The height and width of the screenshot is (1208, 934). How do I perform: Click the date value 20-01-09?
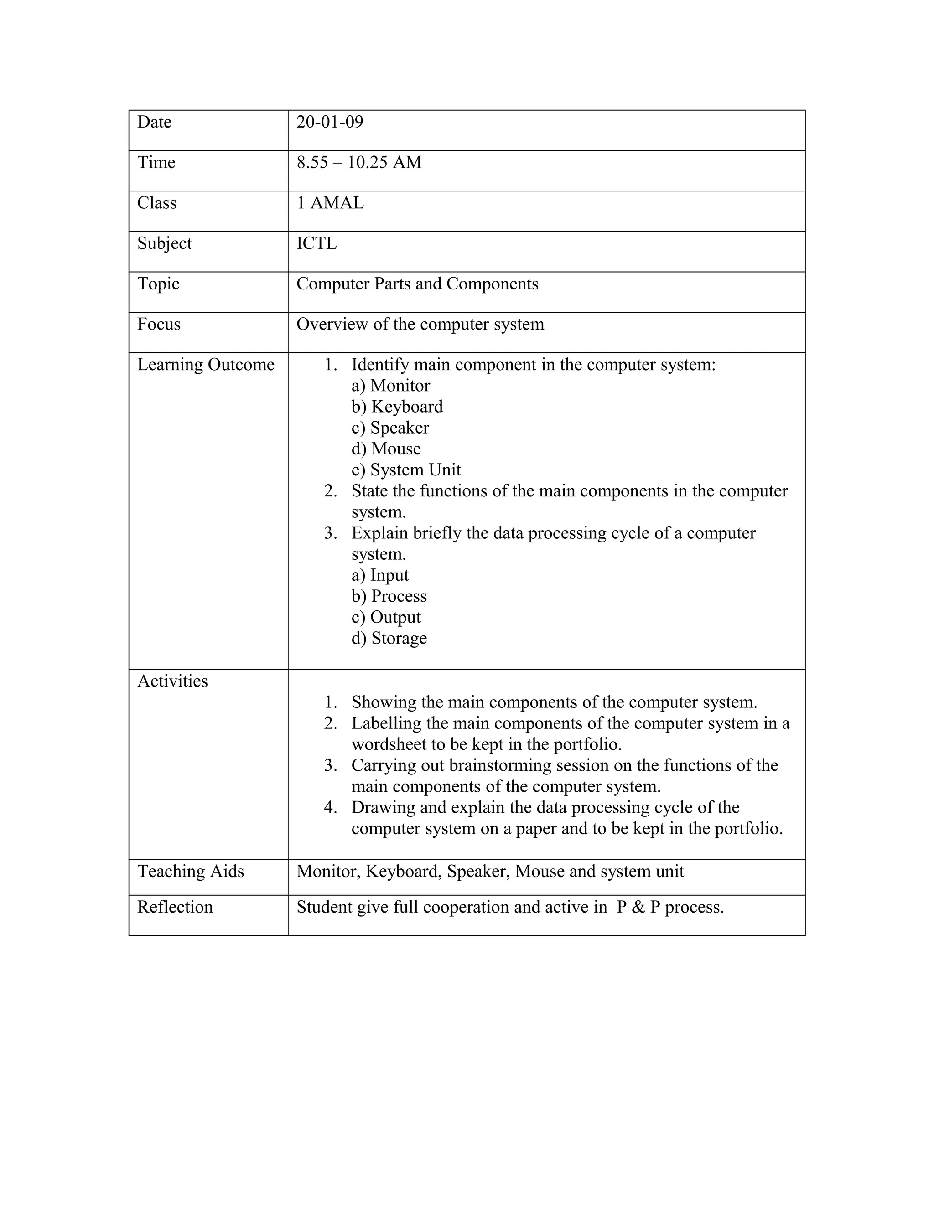(330, 122)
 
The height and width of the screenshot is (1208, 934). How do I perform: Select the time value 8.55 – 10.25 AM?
(358, 163)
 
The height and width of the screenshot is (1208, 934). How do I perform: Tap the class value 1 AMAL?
(330, 203)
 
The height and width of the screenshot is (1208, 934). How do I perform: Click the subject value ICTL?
(317, 243)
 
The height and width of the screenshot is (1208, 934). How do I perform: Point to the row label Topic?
(158, 284)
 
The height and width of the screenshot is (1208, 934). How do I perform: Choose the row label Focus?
(159, 324)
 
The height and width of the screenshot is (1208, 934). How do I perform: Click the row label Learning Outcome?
(206, 365)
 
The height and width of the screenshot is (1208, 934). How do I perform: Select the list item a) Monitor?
(391, 386)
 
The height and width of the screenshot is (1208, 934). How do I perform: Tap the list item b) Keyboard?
(397, 407)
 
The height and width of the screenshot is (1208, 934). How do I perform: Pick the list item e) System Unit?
(406, 470)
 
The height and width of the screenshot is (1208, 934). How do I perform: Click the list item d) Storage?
(389, 638)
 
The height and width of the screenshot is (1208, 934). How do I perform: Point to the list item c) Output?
(386, 617)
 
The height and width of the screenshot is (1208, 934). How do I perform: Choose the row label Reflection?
(175, 907)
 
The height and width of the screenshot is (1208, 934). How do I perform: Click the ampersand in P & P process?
(638, 908)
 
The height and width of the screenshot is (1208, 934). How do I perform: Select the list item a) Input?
(380, 575)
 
